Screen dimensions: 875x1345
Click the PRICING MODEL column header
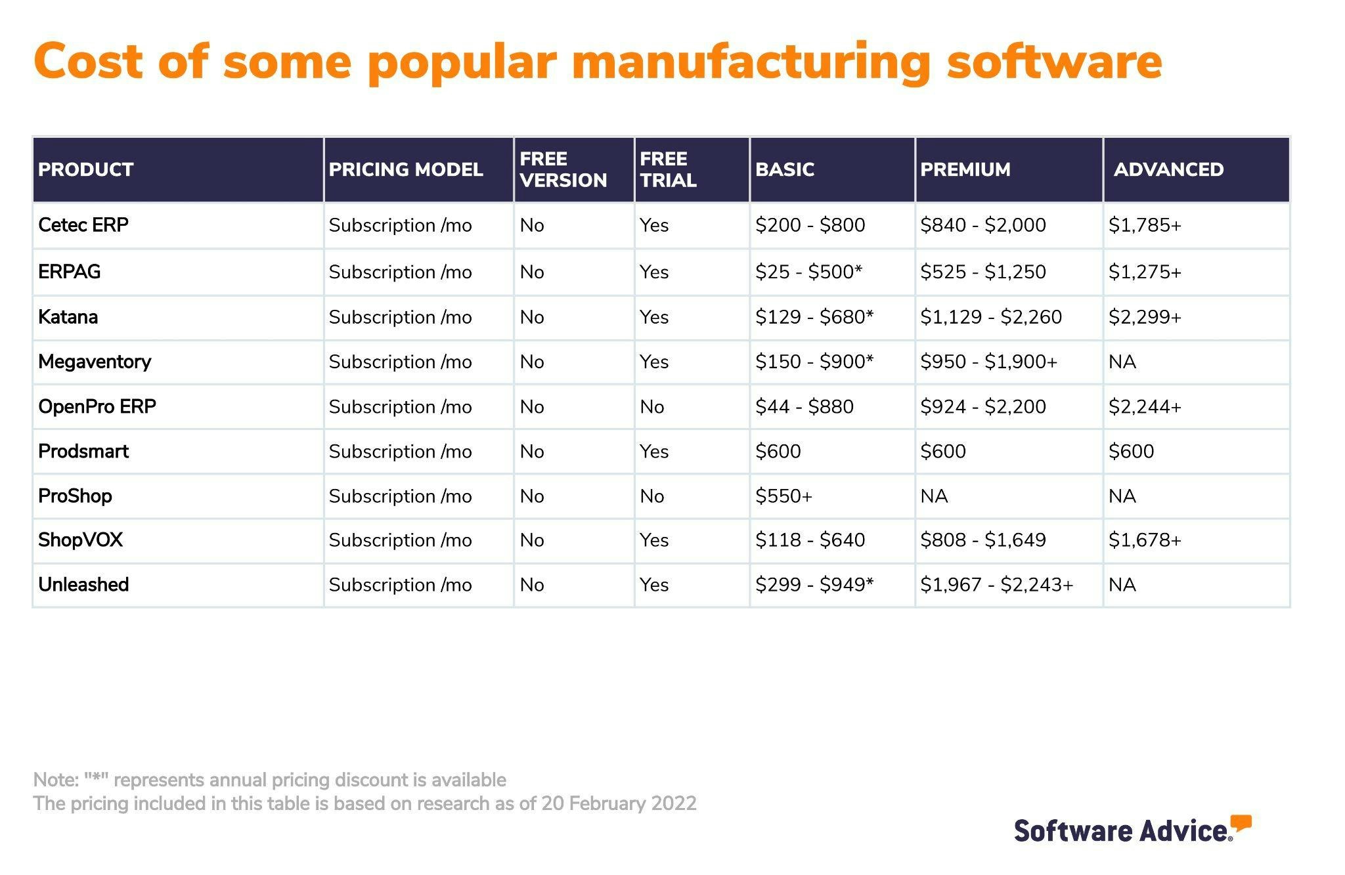[405, 169]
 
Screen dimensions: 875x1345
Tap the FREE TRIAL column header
[668, 169]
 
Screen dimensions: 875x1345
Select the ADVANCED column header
[1168, 169]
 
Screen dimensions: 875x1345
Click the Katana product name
[68, 317]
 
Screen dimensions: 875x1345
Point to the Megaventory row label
[95, 362]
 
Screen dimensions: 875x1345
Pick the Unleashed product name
[83, 584]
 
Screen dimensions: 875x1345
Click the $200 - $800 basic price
[810, 225]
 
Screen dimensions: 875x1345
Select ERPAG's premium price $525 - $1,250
[982, 272]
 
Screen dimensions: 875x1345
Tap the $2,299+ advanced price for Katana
[1145, 317]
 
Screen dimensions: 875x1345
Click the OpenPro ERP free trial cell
[652, 407]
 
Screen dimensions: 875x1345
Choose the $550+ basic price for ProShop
[783, 496]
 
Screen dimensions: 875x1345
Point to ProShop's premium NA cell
[934, 496]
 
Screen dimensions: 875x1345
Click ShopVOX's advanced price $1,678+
[1145, 540]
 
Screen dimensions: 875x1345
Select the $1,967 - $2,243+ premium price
[996, 584]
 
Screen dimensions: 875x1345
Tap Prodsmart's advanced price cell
[1131, 452]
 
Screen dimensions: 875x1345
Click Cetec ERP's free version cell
[532, 225]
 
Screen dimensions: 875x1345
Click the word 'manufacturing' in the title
[751, 62]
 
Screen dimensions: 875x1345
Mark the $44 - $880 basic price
[804, 407]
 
